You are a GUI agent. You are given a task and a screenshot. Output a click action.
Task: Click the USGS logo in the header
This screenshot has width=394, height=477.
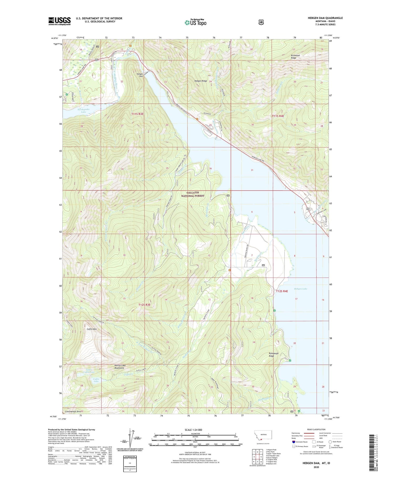coord(60,21)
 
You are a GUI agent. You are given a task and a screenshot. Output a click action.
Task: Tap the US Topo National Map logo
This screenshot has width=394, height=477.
coord(196,22)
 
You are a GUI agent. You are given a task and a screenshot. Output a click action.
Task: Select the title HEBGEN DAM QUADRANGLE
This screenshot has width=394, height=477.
coord(325,18)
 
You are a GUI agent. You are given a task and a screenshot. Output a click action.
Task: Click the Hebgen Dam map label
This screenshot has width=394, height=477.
coord(139,75)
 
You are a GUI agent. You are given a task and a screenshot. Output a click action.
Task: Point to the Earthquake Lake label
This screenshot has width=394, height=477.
coord(84,111)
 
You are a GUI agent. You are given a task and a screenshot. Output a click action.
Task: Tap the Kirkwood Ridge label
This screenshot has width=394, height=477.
coord(295,57)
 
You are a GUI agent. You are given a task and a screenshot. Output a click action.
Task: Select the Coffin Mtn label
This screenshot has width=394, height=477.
coord(92,329)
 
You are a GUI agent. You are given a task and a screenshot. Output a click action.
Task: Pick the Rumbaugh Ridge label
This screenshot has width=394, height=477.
coord(273,355)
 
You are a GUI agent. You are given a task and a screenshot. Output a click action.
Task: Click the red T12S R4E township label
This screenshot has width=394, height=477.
coord(282,291)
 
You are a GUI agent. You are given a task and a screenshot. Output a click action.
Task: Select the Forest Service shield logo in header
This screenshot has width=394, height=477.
coord(261,22)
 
